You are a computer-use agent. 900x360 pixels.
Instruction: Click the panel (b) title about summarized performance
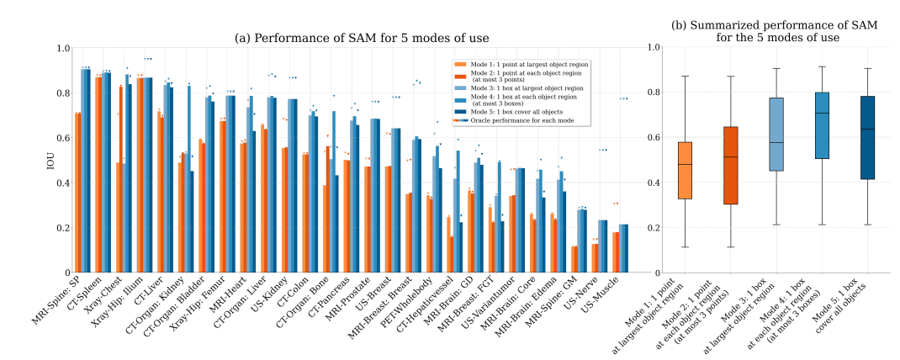tap(775, 31)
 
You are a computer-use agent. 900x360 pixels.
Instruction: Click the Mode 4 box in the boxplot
tap(821, 125)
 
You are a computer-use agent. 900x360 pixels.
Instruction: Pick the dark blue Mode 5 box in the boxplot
tap(866, 137)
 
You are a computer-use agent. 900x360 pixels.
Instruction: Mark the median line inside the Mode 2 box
tap(730, 156)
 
